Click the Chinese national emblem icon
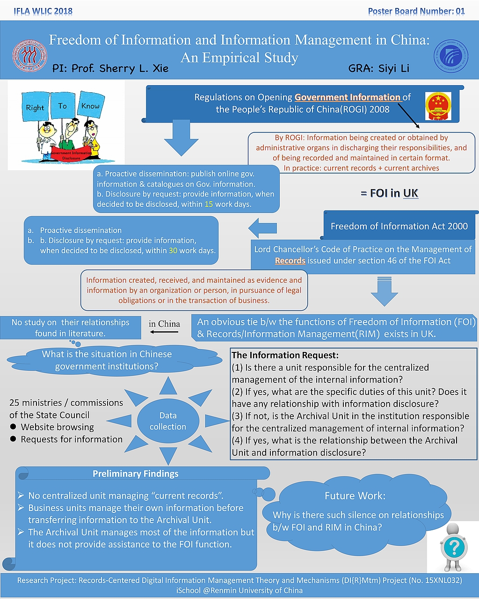(438, 106)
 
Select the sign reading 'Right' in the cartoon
(35, 107)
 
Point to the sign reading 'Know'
(90, 106)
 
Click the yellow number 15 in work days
(209, 204)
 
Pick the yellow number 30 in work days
(173, 250)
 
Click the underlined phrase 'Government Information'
(348, 97)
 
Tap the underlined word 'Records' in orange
(290, 261)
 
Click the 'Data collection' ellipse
(168, 421)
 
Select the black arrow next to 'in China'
(164, 332)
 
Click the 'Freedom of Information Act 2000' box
(399, 226)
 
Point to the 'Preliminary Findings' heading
(136, 474)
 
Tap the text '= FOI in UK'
(389, 193)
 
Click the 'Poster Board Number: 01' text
(416, 11)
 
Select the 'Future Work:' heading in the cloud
(355, 496)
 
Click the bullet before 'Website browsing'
(13, 427)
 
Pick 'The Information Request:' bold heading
(285, 355)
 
